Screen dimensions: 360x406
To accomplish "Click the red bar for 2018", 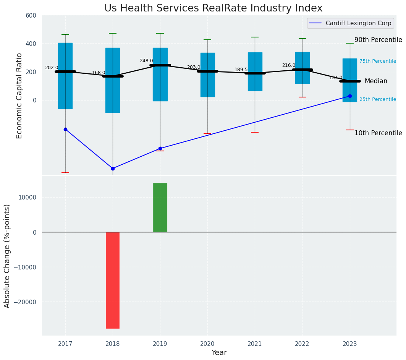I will click(113, 280).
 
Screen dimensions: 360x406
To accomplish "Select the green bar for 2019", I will click(160, 208).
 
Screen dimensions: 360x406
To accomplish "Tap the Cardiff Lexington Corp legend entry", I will click(358, 23).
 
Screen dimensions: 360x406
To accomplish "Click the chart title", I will click(213, 8).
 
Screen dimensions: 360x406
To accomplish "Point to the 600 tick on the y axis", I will click(31, 15).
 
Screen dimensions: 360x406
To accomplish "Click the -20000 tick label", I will click(25, 302).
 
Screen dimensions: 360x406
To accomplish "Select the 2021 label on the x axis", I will click(255, 344).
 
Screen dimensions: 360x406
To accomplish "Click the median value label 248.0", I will click(146, 61).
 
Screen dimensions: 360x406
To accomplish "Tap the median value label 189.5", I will click(241, 70).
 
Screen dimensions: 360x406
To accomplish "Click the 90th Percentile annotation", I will click(378, 40).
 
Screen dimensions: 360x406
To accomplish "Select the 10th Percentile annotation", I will click(378, 133).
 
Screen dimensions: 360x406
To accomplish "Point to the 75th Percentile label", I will click(377, 61).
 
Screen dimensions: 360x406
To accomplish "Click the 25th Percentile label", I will click(377, 99).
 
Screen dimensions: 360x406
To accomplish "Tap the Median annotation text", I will click(376, 81).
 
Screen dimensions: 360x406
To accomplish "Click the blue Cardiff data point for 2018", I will click(113, 169).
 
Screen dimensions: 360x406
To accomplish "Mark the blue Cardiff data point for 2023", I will click(350, 96).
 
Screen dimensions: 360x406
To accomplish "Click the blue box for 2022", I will click(302, 68).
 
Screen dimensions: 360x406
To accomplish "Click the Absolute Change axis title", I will click(7, 256).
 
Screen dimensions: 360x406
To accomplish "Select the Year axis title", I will click(219, 353).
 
